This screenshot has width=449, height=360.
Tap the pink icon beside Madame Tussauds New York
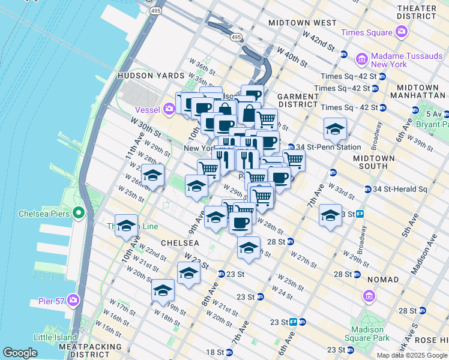coord(362,59)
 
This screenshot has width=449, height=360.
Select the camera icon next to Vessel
coord(169,109)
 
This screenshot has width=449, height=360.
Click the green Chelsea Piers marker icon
coord(78,213)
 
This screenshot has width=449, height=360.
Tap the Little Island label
coord(55,337)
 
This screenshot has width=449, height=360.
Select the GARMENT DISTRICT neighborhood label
coord(298,100)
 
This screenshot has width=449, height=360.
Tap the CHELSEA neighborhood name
coord(179,243)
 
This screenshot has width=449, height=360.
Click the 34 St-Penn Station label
coord(328,147)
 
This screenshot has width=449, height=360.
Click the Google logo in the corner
coord(20,353)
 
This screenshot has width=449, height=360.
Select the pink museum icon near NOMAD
coord(368,296)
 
